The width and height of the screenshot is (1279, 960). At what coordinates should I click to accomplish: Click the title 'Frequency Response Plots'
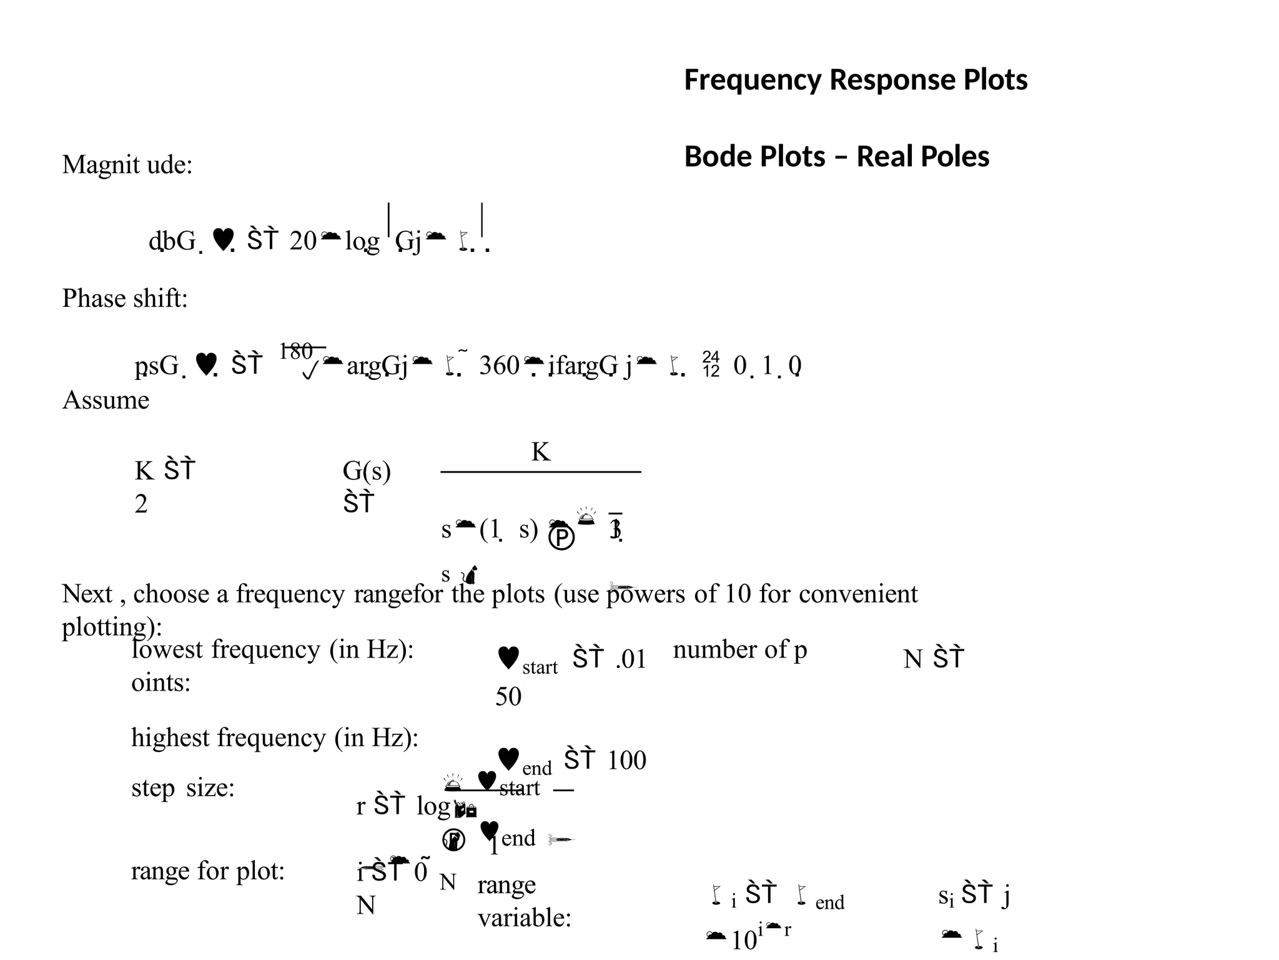click(x=856, y=80)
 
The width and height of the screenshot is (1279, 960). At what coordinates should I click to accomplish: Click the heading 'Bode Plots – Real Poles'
click(x=837, y=157)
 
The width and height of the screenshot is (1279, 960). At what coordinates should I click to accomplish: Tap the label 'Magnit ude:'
click(x=127, y=165)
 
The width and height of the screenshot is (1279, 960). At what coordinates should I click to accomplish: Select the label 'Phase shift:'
click(x=125, y=298)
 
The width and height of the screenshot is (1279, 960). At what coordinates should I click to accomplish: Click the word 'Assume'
click(x=106, y=400)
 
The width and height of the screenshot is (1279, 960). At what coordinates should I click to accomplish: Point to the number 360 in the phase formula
click(x=499, y=366)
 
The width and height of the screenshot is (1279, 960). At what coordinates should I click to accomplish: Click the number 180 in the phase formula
click(x=296, y=352)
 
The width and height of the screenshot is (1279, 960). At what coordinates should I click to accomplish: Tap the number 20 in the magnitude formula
click(x=303, y=241)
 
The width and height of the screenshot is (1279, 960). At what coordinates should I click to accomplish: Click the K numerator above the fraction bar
click(x=541, y=451)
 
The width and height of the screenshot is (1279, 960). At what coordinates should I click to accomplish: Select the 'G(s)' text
click(x=367, y=471)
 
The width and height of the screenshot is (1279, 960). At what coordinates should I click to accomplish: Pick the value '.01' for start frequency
click(x=631, y=659)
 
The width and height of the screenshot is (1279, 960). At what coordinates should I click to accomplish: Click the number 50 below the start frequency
click(x=508, y=697)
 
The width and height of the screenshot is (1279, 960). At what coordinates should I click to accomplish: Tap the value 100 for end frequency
click(x=626, y=761)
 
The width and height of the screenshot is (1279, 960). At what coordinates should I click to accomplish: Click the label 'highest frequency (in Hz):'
click(x=275, y=738)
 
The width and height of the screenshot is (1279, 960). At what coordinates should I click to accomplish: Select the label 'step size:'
click(x=183, y=787)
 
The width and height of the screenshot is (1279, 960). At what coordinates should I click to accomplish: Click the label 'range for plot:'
click(x=208, y=871)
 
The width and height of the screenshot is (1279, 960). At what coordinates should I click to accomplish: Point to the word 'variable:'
click(x=525, y=918)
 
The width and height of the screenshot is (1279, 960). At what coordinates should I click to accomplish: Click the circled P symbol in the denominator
click(x=561, y=537)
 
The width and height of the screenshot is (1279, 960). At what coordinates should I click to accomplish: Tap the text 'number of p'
click(x=740, y=650)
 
